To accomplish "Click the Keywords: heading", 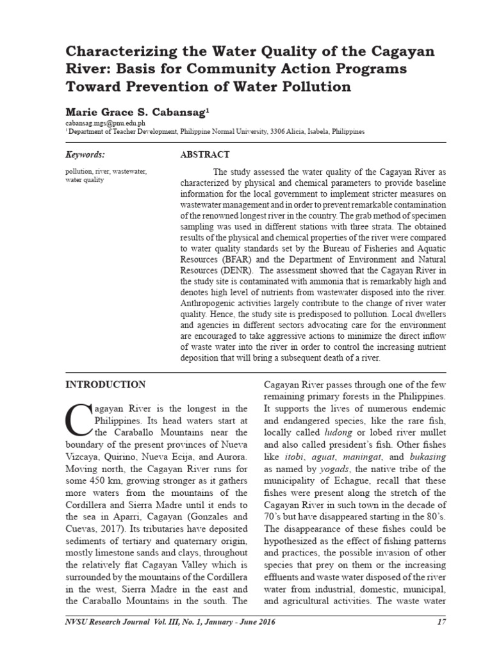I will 85,154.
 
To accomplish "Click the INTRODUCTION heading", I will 106,384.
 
